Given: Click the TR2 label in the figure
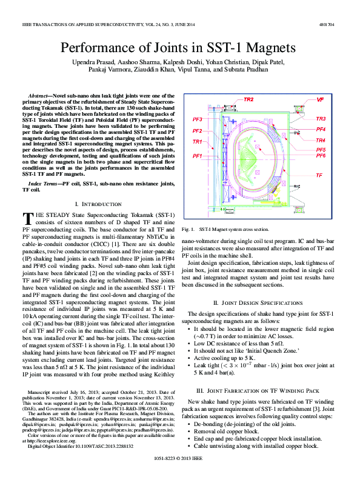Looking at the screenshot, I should [248, 99].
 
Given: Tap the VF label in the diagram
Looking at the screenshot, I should [321, 98].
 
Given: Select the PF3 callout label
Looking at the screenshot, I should [197, 119].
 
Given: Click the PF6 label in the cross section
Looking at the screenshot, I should [321, 156].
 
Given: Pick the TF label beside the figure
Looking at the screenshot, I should [319, 175].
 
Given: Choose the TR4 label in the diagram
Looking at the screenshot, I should [321, 141].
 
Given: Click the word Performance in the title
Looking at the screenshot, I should [104, 48].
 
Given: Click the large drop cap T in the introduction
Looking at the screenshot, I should [27, 219].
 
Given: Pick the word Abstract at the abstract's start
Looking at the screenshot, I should [40, 96].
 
